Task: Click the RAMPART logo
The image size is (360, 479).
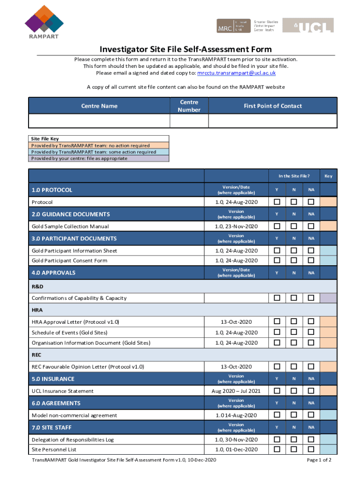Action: (x=44, y=22)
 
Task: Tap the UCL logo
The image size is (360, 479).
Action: (x=308, y=25)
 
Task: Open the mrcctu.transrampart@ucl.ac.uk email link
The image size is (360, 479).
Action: (x=236, y=73)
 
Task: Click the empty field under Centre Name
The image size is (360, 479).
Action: (x=99, y=121)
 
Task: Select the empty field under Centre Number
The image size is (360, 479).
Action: (x=189, y=121)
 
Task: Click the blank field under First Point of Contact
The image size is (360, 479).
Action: (x=273, y=121)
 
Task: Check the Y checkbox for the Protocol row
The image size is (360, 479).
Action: (x=277, y=202)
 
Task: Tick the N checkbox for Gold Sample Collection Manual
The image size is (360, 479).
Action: (x=294, y=226)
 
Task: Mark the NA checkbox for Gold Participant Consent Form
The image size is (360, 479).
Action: (x=310, y=260)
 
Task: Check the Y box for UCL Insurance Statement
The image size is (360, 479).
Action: (x=277, y=391)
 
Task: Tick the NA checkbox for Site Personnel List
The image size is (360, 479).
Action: (x=310, y=449)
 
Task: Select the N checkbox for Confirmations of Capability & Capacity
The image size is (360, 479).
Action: (x=294, y=298)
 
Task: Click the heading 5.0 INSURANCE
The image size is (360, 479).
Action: (x=53, y=379)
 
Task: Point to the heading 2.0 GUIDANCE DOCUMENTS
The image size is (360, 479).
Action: (x=71, y=214)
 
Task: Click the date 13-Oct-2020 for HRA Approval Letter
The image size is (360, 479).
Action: (x=236, y=322)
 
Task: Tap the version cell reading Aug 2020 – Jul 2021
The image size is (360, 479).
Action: (x=236, y=391)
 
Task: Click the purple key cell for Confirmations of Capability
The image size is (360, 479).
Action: (x=328, y=298)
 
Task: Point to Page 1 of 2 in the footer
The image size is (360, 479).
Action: (x=319, y=460)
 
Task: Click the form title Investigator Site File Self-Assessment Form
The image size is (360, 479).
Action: (x=185, y=50)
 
